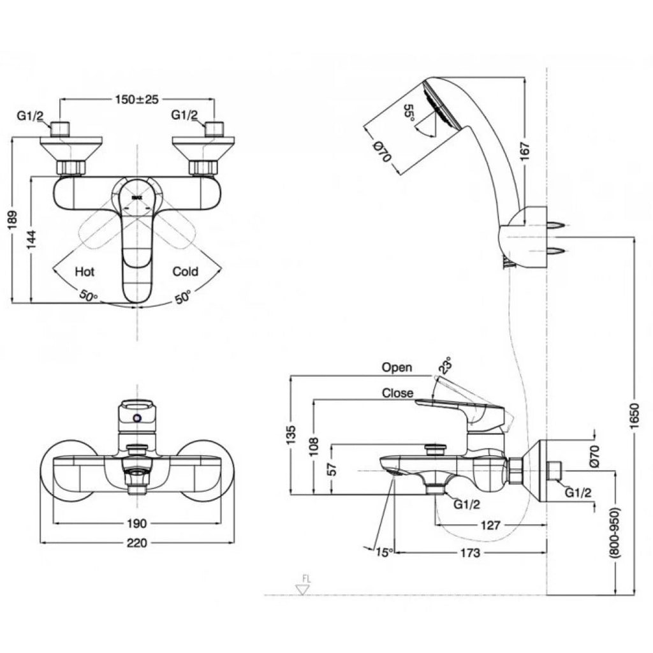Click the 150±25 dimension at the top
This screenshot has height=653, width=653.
click(137, 99)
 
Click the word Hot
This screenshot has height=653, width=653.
click(85, 271)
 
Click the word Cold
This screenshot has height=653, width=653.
click(186, 271)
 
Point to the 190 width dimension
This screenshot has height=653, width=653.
click(136, 523)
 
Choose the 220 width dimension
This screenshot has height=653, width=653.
click(136, 543)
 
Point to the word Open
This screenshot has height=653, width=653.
click(397, 367)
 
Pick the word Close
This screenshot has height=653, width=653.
click(397, 393)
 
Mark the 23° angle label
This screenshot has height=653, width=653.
click(445, 367)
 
